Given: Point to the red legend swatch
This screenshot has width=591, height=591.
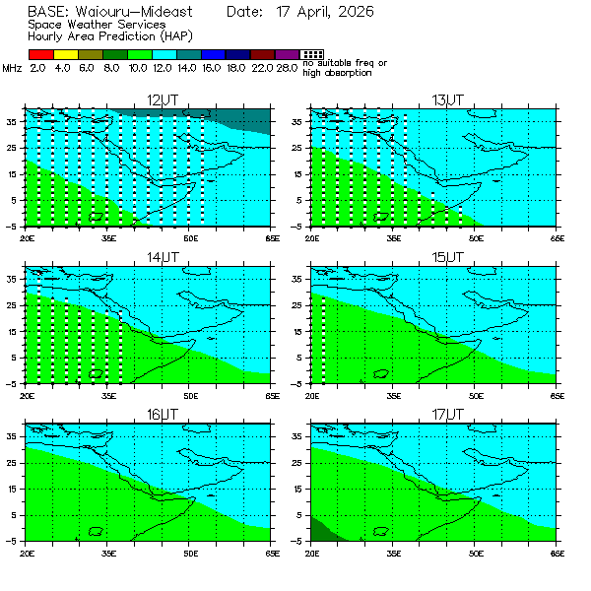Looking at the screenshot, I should pos(40,54).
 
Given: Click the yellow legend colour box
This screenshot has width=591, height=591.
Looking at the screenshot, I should pos(65,54).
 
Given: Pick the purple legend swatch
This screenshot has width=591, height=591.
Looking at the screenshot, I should pos(287,54).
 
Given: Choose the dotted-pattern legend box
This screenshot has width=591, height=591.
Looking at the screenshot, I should pos(311,54).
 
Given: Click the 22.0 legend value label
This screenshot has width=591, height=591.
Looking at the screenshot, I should pos(263,68).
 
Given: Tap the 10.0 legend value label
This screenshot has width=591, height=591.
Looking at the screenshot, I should pos(138,68).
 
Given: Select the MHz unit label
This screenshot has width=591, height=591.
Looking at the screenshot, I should pos(12,68).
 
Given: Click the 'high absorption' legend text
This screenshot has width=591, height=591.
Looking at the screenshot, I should pos(337,73).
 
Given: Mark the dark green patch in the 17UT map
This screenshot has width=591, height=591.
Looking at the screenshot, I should pos(320,530).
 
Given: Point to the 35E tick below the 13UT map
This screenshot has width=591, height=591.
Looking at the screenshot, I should pos(393,237).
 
